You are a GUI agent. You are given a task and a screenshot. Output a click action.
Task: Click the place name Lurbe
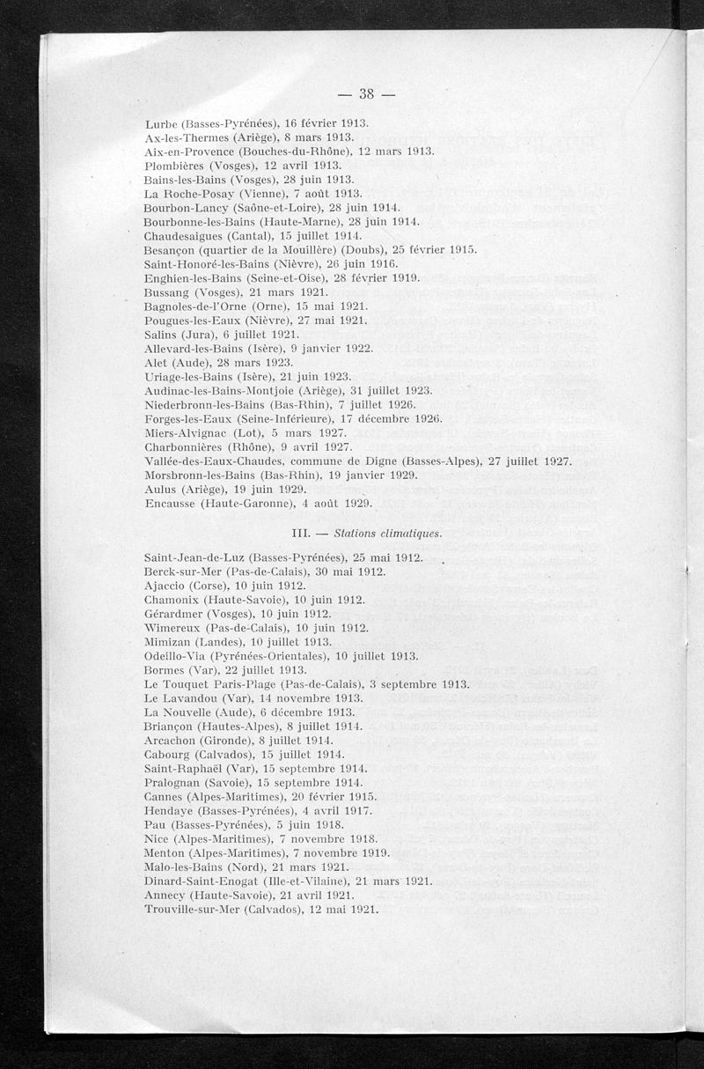(161, 123)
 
